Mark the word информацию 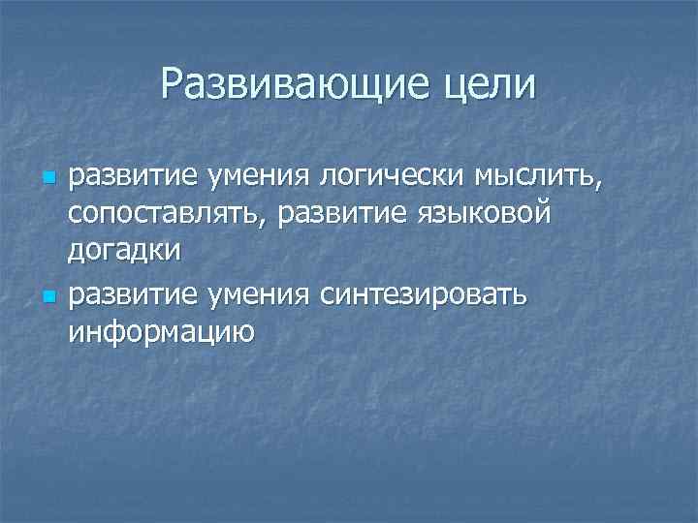(x=160, y=331)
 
